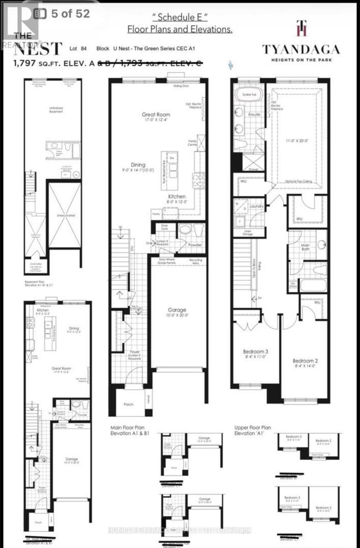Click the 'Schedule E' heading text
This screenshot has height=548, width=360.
coord(180,18)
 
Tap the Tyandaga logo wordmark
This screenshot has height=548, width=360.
coord(301,49)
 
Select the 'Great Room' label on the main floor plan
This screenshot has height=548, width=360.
coord(156,115)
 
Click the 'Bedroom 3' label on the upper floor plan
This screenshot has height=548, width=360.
coord(255,351)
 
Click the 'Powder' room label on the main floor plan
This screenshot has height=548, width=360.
coord(195,245)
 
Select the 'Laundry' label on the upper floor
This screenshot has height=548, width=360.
coord(257,206)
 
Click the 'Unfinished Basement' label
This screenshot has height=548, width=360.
coord(55,108)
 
